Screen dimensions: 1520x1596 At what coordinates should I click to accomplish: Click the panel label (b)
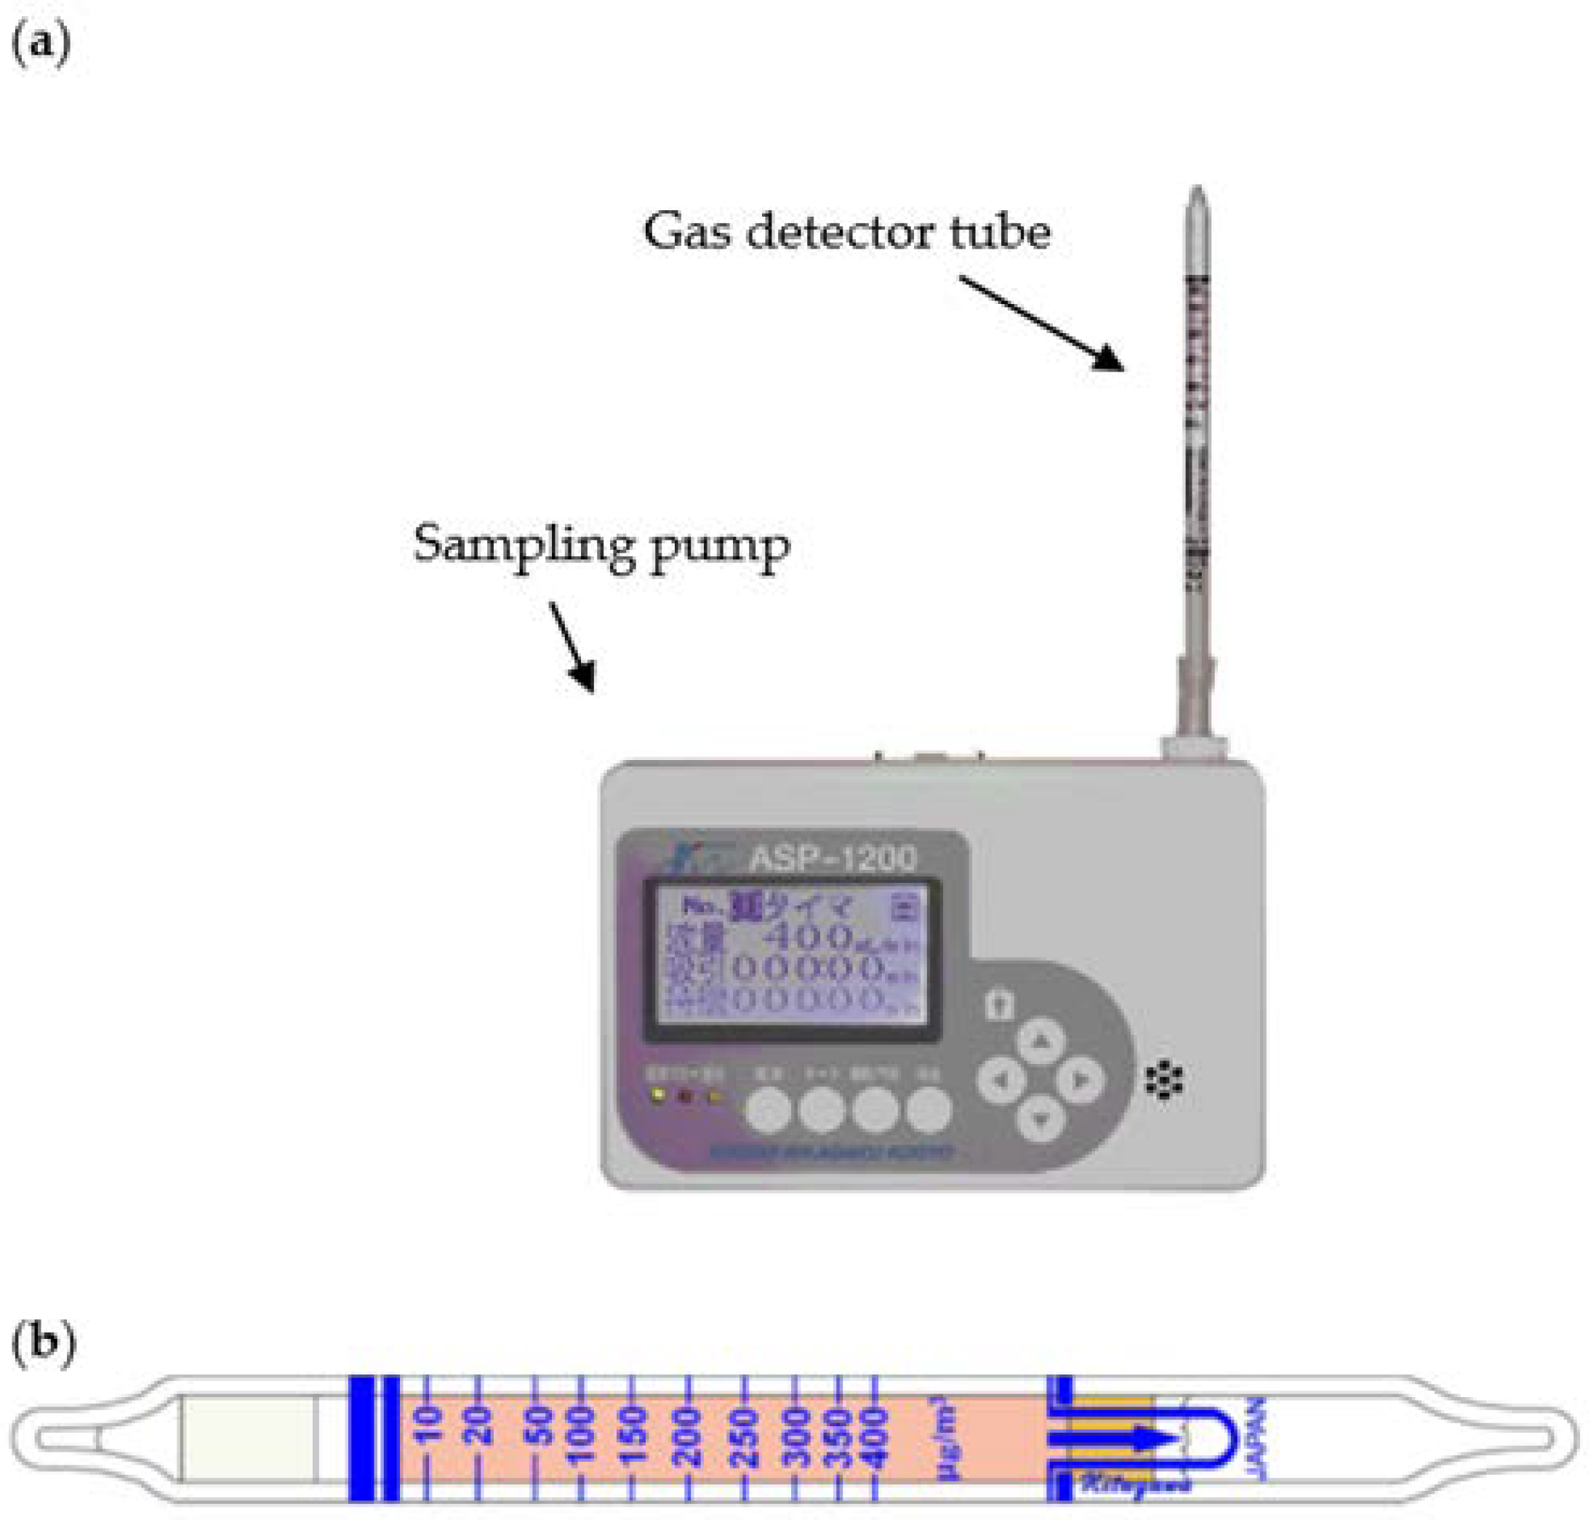[x=42, y=1342]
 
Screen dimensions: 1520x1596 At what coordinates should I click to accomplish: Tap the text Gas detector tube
[x=846, y=233]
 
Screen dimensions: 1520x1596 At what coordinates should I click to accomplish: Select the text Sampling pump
[x=601, y=545]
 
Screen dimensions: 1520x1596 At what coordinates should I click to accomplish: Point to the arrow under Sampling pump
[x=573, y=647]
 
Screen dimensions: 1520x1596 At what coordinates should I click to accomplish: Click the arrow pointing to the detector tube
[x=1042, y=322]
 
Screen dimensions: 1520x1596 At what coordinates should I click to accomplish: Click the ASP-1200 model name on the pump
[x=833, y=859]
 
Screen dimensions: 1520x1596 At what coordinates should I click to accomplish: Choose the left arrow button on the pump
[x=1001, y=1080]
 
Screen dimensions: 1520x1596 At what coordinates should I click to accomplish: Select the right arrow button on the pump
[x=1080, y=1080]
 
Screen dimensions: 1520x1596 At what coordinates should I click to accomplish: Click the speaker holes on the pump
[x=1164, y=1080]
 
